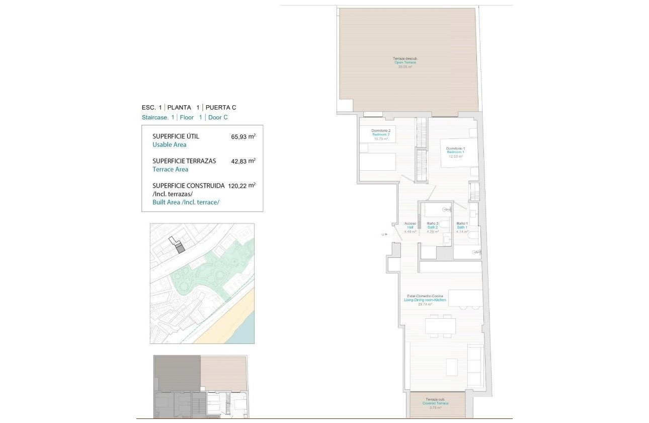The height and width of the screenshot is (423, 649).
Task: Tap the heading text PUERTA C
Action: [x=221, y=107]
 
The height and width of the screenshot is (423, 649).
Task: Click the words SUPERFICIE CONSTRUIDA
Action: [x=188, y=185]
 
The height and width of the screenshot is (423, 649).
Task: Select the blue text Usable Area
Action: [x=169, y=145]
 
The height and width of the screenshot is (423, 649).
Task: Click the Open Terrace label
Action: [x=405, y=62]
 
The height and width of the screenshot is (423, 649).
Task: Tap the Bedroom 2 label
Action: [x=381, y=134]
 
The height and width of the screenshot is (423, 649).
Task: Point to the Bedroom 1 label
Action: [x=455, y=152]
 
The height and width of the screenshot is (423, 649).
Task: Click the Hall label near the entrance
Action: [x=410, y=228]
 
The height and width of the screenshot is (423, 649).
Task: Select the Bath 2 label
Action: [x=433, y=228]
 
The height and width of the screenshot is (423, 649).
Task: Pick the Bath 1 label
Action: [x=462, y=228]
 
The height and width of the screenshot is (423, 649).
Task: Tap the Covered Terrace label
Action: [x=436, y=403]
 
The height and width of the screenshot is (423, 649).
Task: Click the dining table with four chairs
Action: [x=440, y=326]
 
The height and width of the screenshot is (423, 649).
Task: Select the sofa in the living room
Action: [x=475, y=365]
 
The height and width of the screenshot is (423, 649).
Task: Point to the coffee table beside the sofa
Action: [x=451, y=367]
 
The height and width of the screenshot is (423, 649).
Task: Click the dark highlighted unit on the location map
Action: [x=180, y=247]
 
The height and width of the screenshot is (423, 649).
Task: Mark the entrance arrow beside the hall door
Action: [x=384, y=234]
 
